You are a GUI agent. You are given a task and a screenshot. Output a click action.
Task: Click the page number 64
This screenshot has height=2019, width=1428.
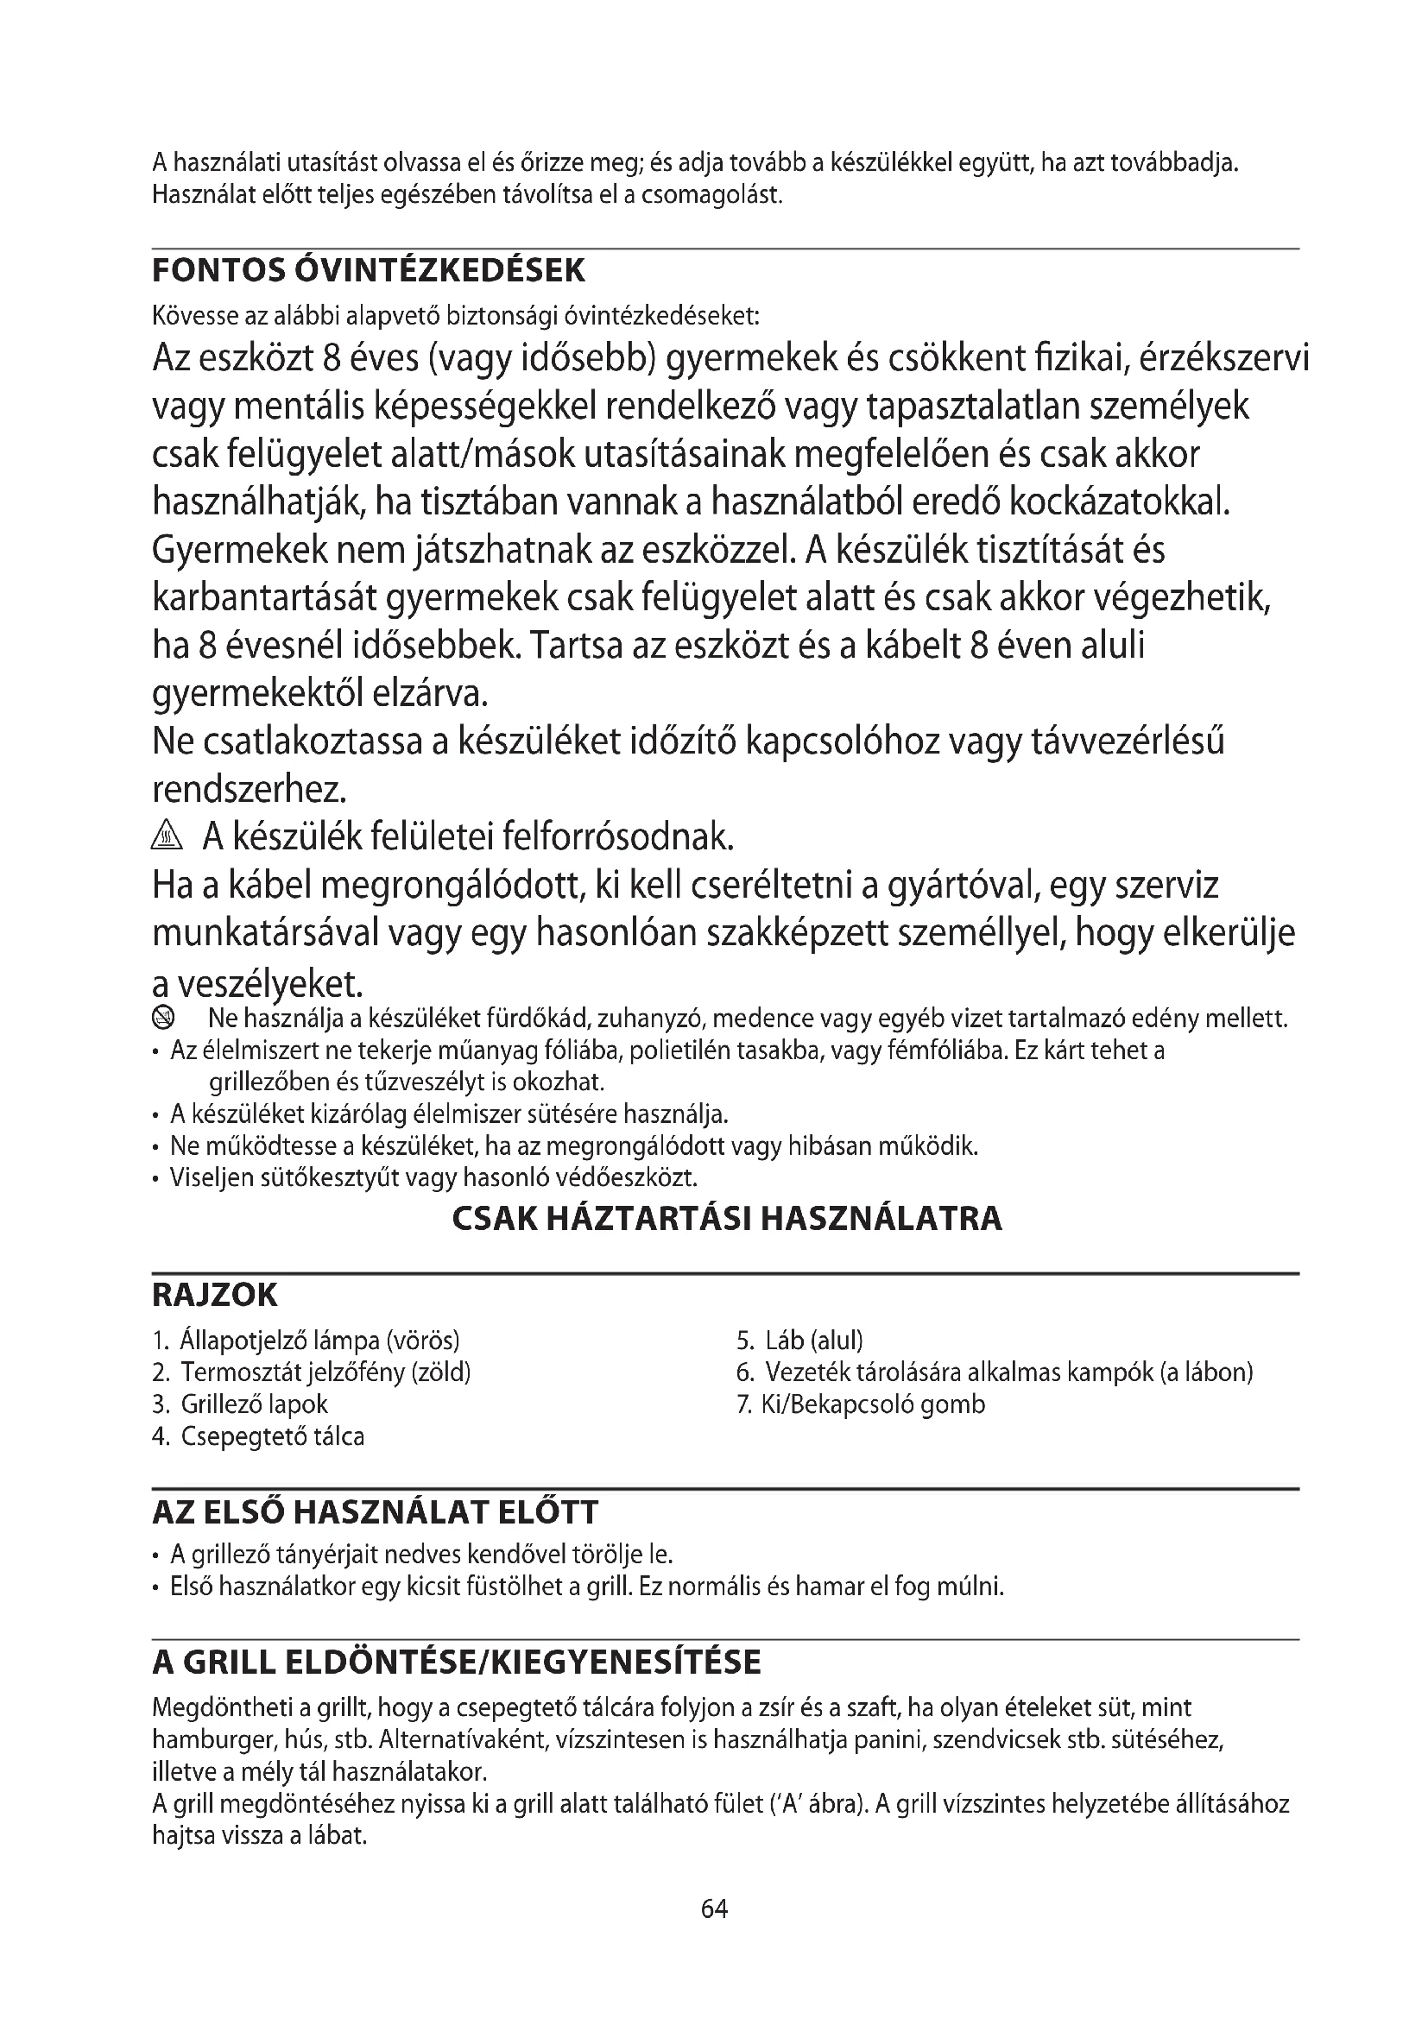(714, 1909)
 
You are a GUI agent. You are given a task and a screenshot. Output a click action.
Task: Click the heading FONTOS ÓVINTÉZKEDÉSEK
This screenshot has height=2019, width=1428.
(369, 270)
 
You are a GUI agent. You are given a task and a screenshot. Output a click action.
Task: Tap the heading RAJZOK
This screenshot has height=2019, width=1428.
(215, 1296)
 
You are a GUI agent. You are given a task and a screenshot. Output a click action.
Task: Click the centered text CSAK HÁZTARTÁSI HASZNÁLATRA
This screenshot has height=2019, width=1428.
(726, 1219)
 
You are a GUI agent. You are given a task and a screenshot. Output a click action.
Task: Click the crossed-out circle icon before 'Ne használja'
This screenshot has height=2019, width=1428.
(163, 1019)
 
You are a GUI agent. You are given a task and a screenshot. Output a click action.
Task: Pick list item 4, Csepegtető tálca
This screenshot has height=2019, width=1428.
(258, 1436)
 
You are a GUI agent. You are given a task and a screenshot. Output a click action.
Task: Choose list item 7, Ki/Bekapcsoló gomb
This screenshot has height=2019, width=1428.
(861, 1404)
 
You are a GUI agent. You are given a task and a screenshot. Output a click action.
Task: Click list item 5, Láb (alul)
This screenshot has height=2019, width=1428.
(800, 1341)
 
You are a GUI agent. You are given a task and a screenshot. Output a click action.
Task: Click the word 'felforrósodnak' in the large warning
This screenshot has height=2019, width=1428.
(617, 837)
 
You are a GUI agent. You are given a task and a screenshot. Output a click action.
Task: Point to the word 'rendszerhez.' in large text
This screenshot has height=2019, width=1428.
(250, 789)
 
